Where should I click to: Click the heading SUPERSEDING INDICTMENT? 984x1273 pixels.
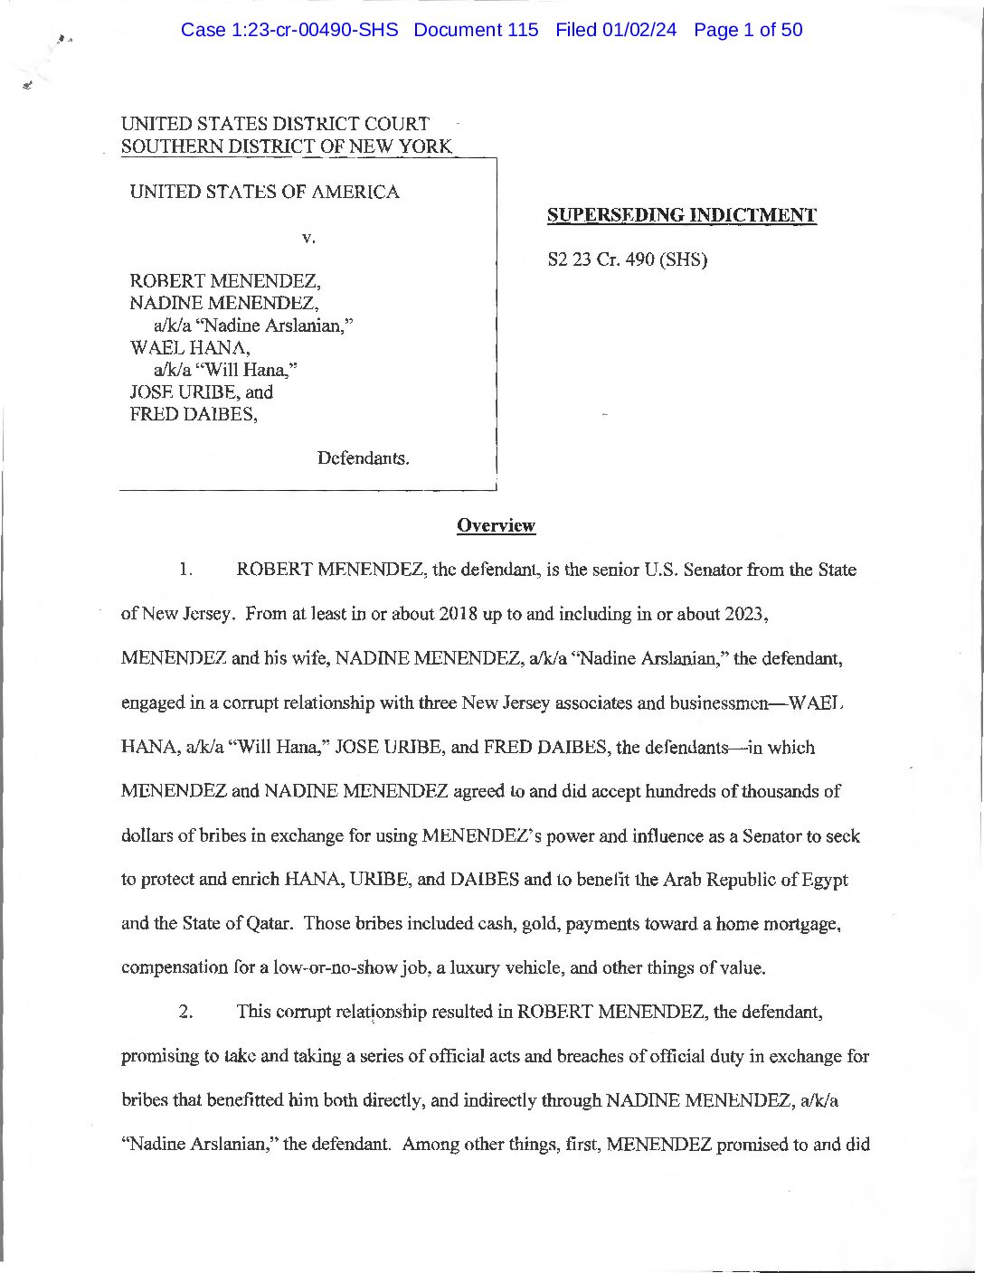pos(682,215)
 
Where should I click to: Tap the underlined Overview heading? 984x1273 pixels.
pos(496,525)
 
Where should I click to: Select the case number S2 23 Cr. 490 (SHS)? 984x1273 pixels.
pos(628,259)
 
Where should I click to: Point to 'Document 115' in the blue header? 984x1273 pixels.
pos(476,30)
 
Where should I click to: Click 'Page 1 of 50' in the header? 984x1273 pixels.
pos(748,30)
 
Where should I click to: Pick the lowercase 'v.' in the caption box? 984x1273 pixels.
pos(308,238)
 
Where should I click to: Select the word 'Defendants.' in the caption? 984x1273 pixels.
pos(363,458)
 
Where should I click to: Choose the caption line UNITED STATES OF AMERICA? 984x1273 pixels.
pos(264,192)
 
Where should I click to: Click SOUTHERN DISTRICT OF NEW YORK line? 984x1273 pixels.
pos(286,146)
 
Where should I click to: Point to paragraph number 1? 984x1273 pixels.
pos(184,570)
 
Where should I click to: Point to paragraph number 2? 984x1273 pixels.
pos(184,1011)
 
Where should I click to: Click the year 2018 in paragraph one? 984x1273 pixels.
pos(458,614)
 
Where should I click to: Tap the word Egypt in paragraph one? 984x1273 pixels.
pos(825,880)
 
